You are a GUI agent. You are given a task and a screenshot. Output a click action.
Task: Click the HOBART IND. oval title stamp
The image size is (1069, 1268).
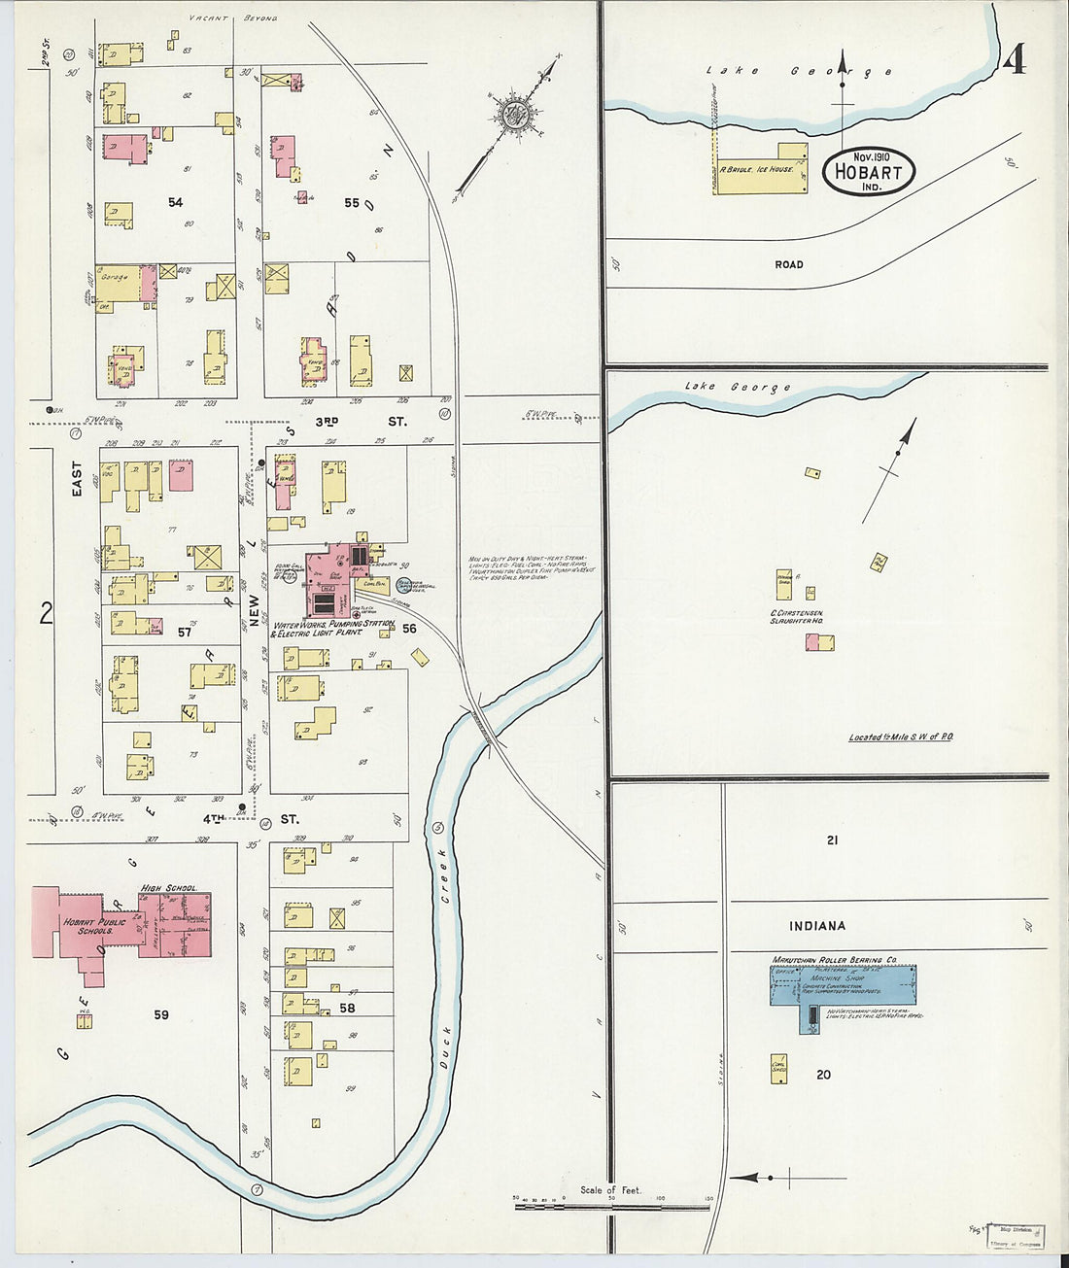click(x=868, y=172)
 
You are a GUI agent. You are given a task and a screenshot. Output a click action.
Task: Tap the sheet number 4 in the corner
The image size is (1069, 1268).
click(x=1014, y=60)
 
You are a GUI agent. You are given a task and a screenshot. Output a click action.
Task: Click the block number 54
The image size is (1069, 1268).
click(x=175, y=202)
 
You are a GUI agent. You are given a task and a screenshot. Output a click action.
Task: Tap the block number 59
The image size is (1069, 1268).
click(x=161, y=1014)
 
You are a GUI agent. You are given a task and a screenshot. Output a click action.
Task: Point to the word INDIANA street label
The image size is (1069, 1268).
click(x=816, y=926)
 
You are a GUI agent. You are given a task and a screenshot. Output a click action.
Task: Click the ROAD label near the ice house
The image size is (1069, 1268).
click(x=789, y=264)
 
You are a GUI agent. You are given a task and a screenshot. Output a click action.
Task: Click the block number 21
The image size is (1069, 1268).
click(x=832, y=840)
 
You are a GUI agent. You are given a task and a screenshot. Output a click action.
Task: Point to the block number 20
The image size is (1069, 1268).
click(x=823, y=1075)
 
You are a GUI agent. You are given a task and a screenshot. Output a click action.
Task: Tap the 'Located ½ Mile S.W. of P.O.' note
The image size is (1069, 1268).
click(x=901, y=737)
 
